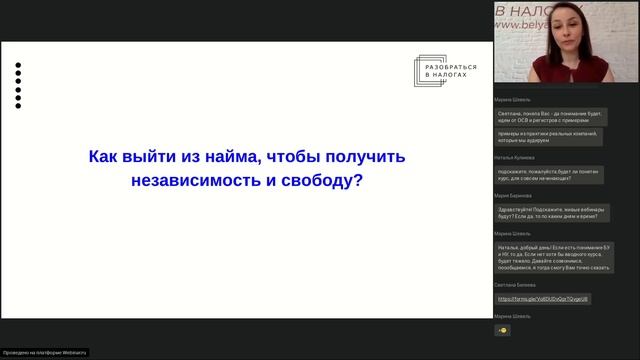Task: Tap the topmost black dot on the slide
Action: click(x=18, y=66)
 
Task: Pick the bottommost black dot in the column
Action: click(x=18, y=105)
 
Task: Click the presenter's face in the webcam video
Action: click(x=559, y=30)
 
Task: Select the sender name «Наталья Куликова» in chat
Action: click(x=514, y=158)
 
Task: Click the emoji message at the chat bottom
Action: click(x=502, y=330)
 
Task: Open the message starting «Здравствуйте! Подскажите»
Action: click(x=548, y=214)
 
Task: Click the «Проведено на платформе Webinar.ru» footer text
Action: click(x=45, y=352)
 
